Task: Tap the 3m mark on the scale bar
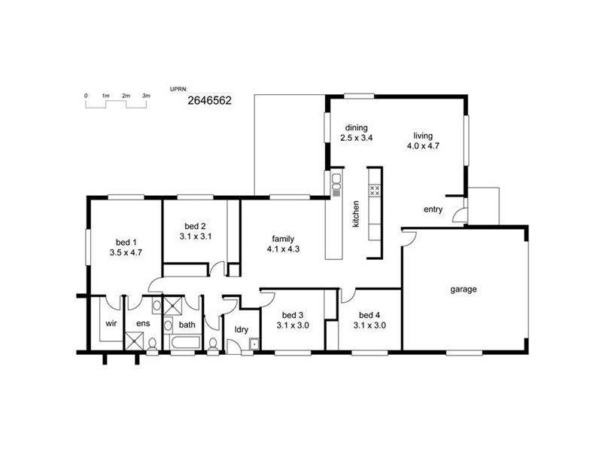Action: coord(147,96)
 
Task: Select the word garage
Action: coord(464,289)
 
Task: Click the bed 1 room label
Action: coord(126,242)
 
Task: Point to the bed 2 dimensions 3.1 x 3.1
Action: coord(195,237)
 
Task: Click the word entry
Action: coord(433,209)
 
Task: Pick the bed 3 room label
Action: coord(293,315)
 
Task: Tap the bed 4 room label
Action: coord(369,315)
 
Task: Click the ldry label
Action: coord(242,329)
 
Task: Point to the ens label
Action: coord(141,325)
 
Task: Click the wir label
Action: coord(110,325)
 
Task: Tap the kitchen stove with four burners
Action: coord(375,191)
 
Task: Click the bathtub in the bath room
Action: coord(186,344)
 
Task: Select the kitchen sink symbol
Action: coord(334,181)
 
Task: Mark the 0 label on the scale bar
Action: coord(86,96)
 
